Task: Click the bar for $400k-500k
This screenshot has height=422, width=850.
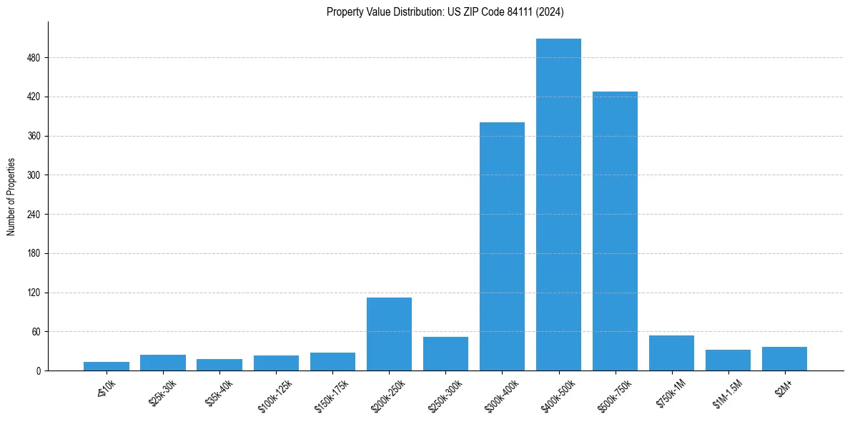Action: point(558,205)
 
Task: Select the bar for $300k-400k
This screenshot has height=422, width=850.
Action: point(502,246)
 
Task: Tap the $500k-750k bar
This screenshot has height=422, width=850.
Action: point(615,231)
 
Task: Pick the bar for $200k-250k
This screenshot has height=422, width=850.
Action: point(389,334)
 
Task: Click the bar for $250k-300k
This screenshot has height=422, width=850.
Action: point(445,354)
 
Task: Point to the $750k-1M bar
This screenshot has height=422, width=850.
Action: point(671,353)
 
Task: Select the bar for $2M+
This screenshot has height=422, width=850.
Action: point(784,359)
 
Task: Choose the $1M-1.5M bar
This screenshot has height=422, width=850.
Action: point(728,360)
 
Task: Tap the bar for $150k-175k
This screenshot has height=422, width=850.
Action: point(332,362)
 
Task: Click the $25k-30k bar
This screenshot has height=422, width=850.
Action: point(163,363)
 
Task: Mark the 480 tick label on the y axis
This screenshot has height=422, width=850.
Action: point(34,58)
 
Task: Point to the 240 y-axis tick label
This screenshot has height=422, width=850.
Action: point(34,215)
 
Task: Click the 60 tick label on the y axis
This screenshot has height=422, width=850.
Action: point(36,332)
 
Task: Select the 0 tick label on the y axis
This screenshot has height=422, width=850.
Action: point(39,371)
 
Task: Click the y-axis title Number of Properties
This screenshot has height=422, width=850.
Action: point(11,196)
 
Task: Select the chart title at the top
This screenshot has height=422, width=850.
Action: point(445,12)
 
